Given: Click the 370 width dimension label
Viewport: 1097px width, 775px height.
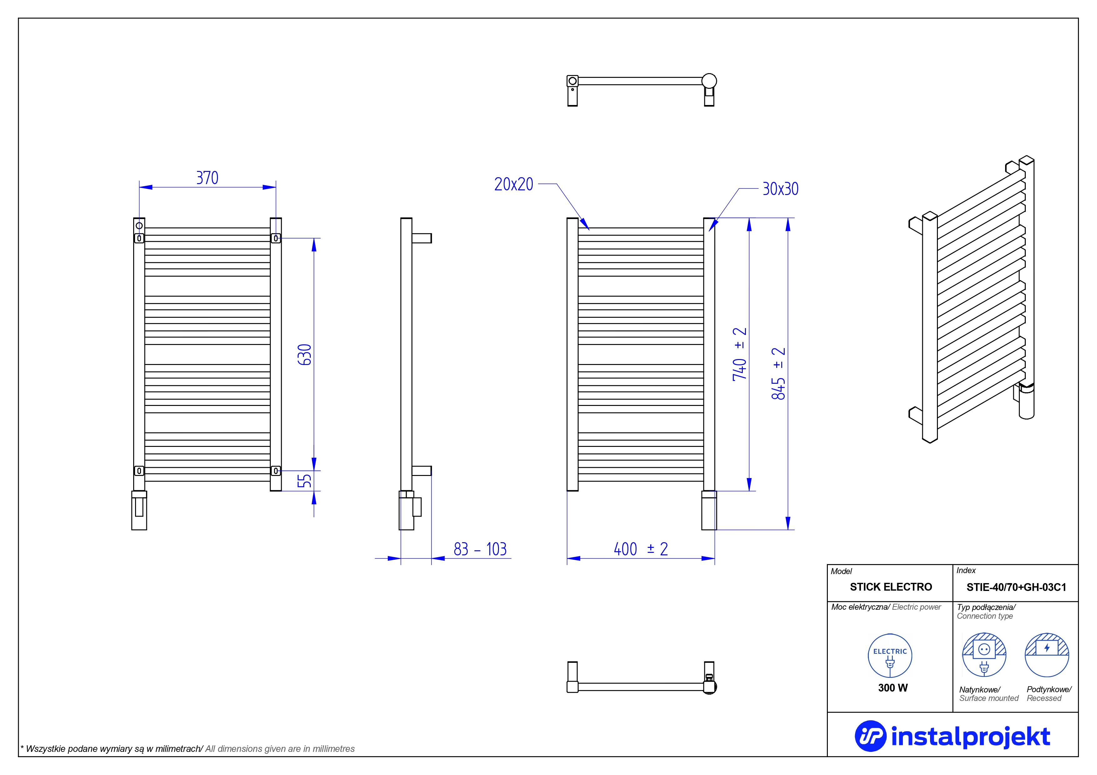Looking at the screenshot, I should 207,178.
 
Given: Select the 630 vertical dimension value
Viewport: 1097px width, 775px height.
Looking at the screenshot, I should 305,354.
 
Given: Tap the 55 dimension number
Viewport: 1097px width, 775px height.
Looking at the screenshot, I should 305,480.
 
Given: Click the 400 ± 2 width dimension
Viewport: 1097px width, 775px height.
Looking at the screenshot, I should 640,549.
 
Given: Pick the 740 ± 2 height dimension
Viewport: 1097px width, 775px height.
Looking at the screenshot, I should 739,354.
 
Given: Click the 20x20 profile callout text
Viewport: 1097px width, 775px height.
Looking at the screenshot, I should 514,184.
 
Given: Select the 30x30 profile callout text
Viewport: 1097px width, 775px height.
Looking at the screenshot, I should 780,189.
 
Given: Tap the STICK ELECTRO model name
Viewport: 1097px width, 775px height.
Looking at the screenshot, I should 891,587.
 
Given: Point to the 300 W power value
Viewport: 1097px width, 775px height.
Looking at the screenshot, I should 893,687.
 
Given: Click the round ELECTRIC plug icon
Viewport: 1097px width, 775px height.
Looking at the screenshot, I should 890,656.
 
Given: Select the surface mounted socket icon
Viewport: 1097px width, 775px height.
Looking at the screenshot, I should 984,655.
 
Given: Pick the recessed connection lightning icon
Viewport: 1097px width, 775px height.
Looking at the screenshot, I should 1046,655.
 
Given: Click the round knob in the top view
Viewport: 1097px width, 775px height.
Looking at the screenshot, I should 709,81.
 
